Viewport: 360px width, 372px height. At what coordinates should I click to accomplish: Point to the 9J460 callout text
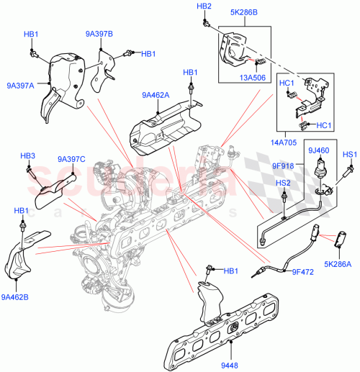(x=319, y=150)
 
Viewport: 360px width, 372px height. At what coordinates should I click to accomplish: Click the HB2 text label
(x=204, y=6)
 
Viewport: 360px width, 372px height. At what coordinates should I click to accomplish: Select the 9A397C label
(x=72, y=160)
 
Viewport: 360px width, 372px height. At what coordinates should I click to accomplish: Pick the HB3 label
(x=27, y=156)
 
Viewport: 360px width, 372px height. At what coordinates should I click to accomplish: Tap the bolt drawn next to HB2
(x=207, y=22)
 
